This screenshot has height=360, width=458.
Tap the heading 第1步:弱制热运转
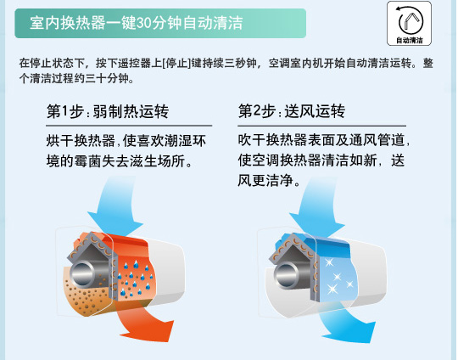point(106,113)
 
